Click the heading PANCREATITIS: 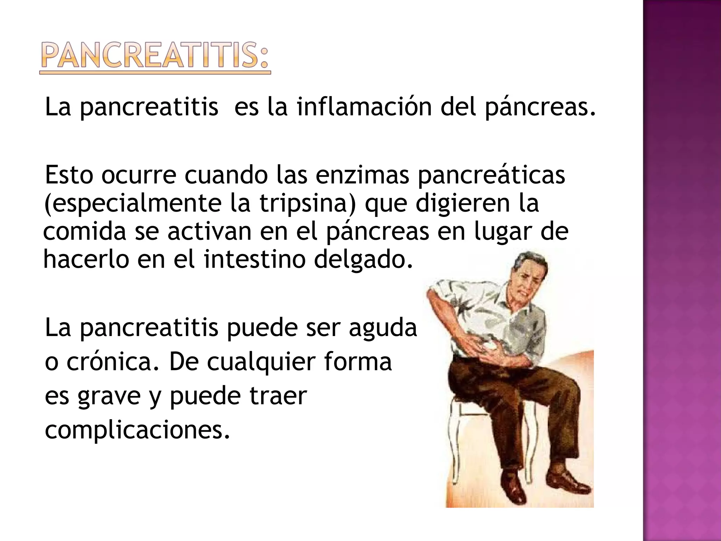pos(155,56)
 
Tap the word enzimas pos(362,175)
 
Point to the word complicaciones pos(137,430)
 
